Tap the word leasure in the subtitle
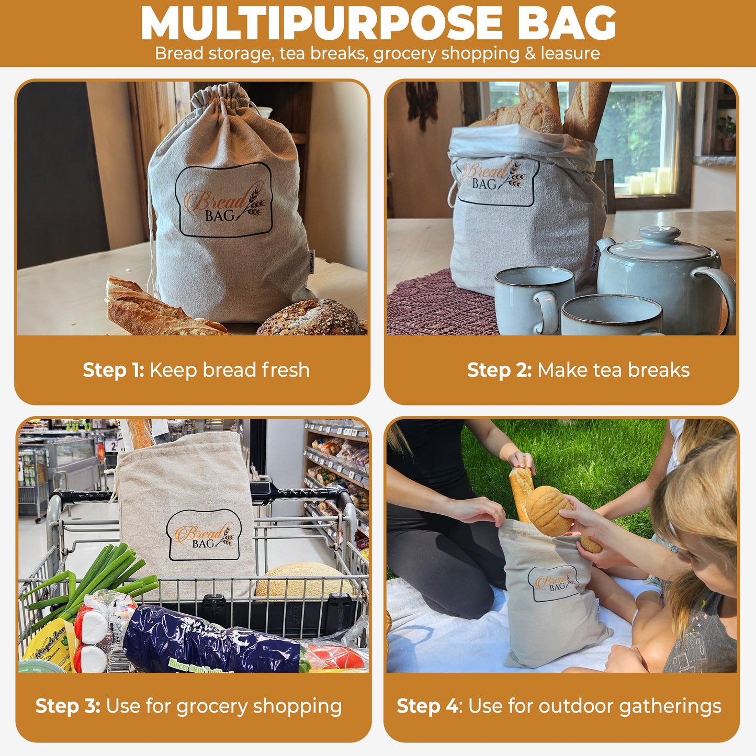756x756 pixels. [570, 53]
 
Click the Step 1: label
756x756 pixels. [113, 370]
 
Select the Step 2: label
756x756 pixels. [499, 370]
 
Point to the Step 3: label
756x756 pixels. [67, 706]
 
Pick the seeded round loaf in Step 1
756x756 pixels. [311, 318]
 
